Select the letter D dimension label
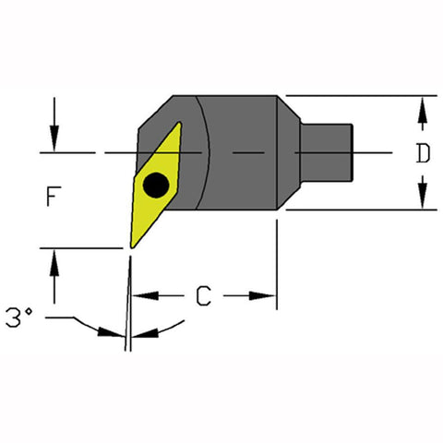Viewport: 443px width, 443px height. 422,154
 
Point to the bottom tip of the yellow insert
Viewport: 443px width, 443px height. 132,246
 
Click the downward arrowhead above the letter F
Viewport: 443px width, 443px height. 55,143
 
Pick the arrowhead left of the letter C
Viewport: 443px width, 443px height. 139,295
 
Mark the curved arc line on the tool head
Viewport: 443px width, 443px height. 209,152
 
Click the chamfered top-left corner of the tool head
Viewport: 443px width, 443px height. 150,115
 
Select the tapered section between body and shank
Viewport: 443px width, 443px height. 293,152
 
